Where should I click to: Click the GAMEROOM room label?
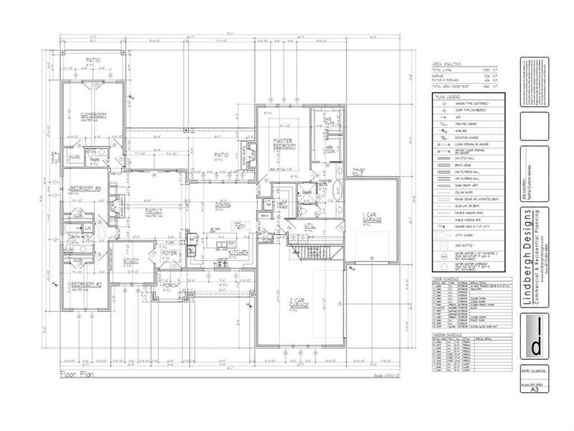93,115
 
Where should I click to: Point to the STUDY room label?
131,261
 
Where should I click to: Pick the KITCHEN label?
239,253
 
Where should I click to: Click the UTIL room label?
310,226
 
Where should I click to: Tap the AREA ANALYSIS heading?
447,64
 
